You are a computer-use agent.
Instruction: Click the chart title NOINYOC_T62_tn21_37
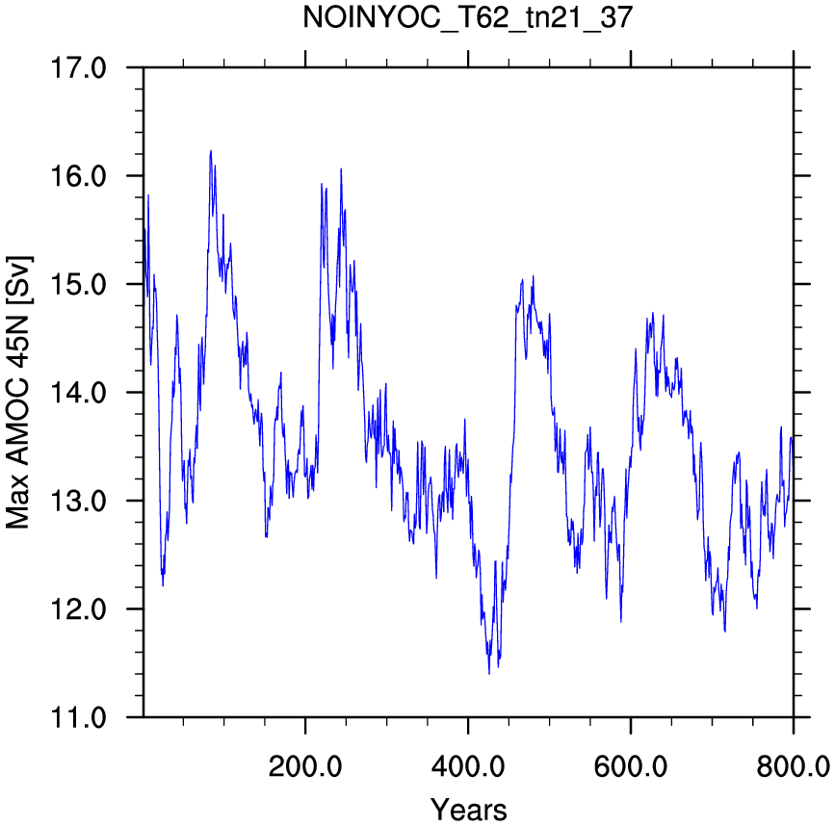point(467,17)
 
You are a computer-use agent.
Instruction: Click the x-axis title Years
point(469,809)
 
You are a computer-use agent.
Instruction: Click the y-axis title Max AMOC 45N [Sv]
point(18,393)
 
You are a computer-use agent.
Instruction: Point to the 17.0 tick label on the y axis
point(78,68)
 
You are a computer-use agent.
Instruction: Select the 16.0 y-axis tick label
point(78,176)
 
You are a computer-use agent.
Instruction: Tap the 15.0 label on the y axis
point(78,284)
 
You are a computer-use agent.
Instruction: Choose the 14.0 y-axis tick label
point(78,393)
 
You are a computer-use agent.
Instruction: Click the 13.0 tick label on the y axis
point(78,501)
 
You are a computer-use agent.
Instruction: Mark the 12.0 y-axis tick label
point(78,608)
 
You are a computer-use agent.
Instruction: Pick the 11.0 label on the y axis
point(78,717)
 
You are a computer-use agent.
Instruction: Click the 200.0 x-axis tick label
point(305,767)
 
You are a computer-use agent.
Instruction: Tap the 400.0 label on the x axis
point(468,767)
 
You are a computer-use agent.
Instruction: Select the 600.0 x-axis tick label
point(631,767)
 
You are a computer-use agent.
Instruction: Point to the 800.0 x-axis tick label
point(793,767)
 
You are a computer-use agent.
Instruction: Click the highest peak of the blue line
point(211,150)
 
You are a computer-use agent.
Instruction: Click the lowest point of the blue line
point(489,674)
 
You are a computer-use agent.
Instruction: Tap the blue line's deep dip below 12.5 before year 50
point(163,585)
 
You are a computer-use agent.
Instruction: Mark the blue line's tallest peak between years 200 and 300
point(341,168)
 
